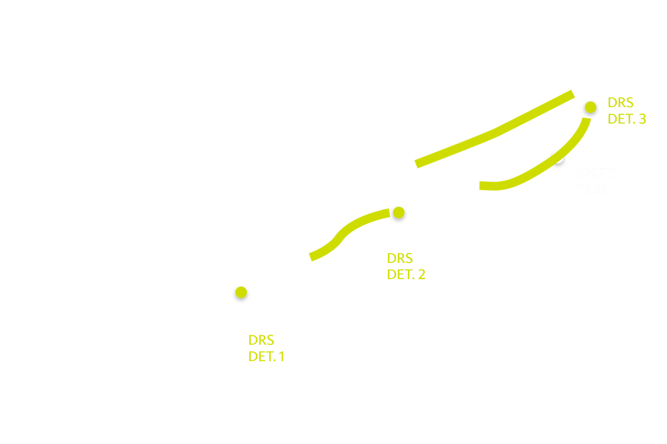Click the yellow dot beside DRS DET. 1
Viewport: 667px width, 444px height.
[x=241, y=293]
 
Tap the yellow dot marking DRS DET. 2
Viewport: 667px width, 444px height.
[x=398, y=212]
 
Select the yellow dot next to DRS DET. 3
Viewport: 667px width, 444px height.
[x=590, y=107]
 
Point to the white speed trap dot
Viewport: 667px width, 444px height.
[x=559, y=159]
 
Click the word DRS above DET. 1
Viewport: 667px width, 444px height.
[x=261, y=340]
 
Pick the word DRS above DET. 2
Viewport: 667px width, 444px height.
[x=400, y=258]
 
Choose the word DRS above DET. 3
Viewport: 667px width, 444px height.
[x=621, y=103]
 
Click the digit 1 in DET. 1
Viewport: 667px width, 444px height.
[x=281, y=357]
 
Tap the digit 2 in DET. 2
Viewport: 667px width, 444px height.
[x=421, y=274]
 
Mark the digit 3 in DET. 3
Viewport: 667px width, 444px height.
[x=642, y=119]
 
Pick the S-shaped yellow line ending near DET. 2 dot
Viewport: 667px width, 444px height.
[x=342, y=236]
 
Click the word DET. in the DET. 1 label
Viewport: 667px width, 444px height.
[x=262, y=357]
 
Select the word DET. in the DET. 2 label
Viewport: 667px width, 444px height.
[x=400, y=274]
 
